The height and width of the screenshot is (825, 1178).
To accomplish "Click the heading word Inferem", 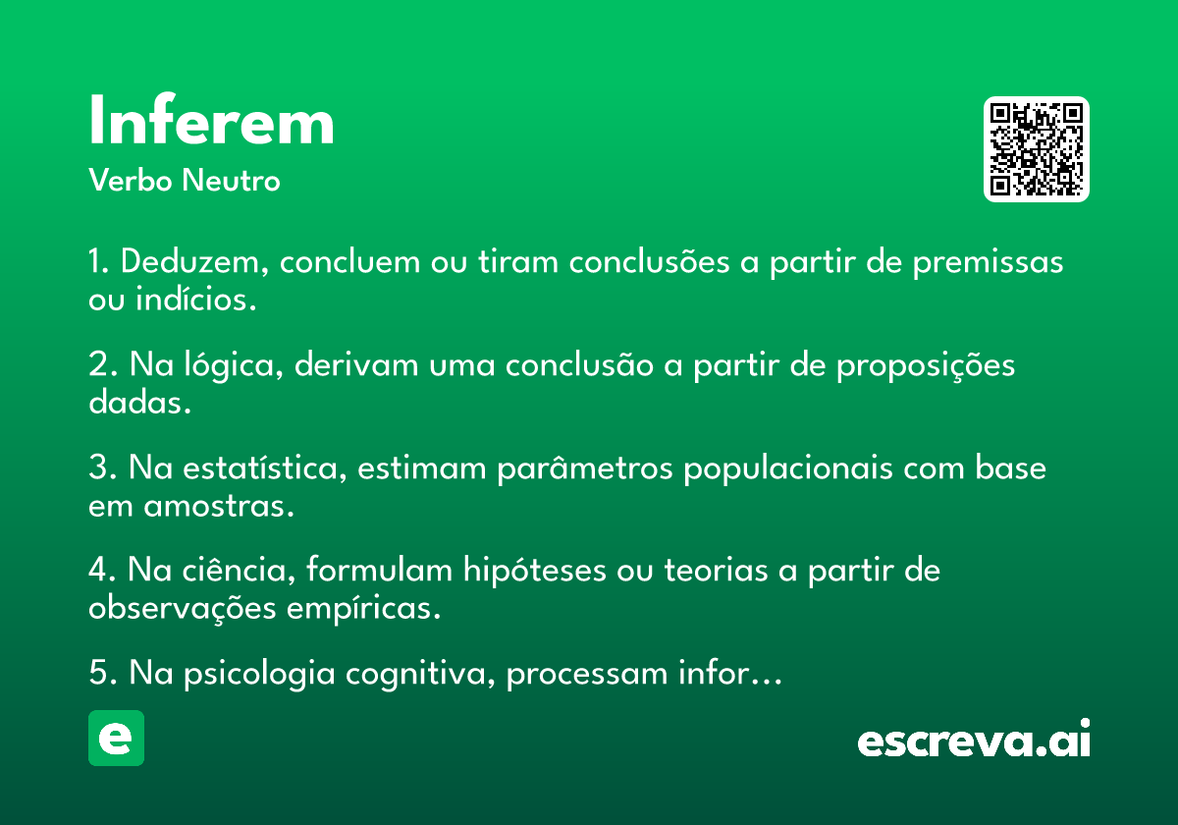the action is pos(211,120).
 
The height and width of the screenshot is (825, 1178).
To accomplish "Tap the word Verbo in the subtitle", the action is pos(131,180).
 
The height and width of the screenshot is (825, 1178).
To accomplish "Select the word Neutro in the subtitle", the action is pos(231,180).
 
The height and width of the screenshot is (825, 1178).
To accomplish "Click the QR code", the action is pos(1036,149).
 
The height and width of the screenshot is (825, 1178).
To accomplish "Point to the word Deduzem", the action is pos(194,262).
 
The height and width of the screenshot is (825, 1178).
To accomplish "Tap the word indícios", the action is pos(196,299).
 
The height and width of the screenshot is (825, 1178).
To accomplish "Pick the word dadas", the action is pos(139,402).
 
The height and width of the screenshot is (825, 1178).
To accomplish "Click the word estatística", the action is pos(264,467).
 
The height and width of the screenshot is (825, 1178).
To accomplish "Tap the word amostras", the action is pos(219,507).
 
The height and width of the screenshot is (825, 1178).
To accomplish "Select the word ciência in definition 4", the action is pos(239,570).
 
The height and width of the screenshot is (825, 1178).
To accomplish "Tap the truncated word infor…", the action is pos(730,672).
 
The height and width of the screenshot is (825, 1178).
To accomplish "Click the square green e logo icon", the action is pos(116,738).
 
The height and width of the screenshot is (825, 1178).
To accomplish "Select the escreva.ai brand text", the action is pos(974,739).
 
